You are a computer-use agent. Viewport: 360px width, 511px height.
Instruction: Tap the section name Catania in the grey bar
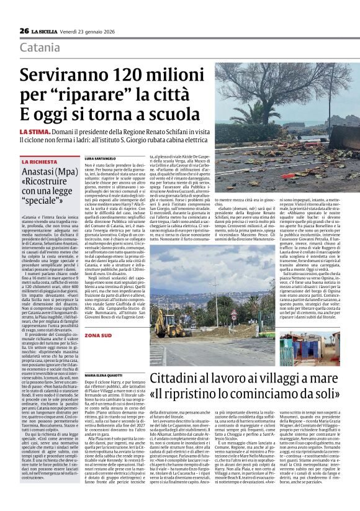coord(40,48)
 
